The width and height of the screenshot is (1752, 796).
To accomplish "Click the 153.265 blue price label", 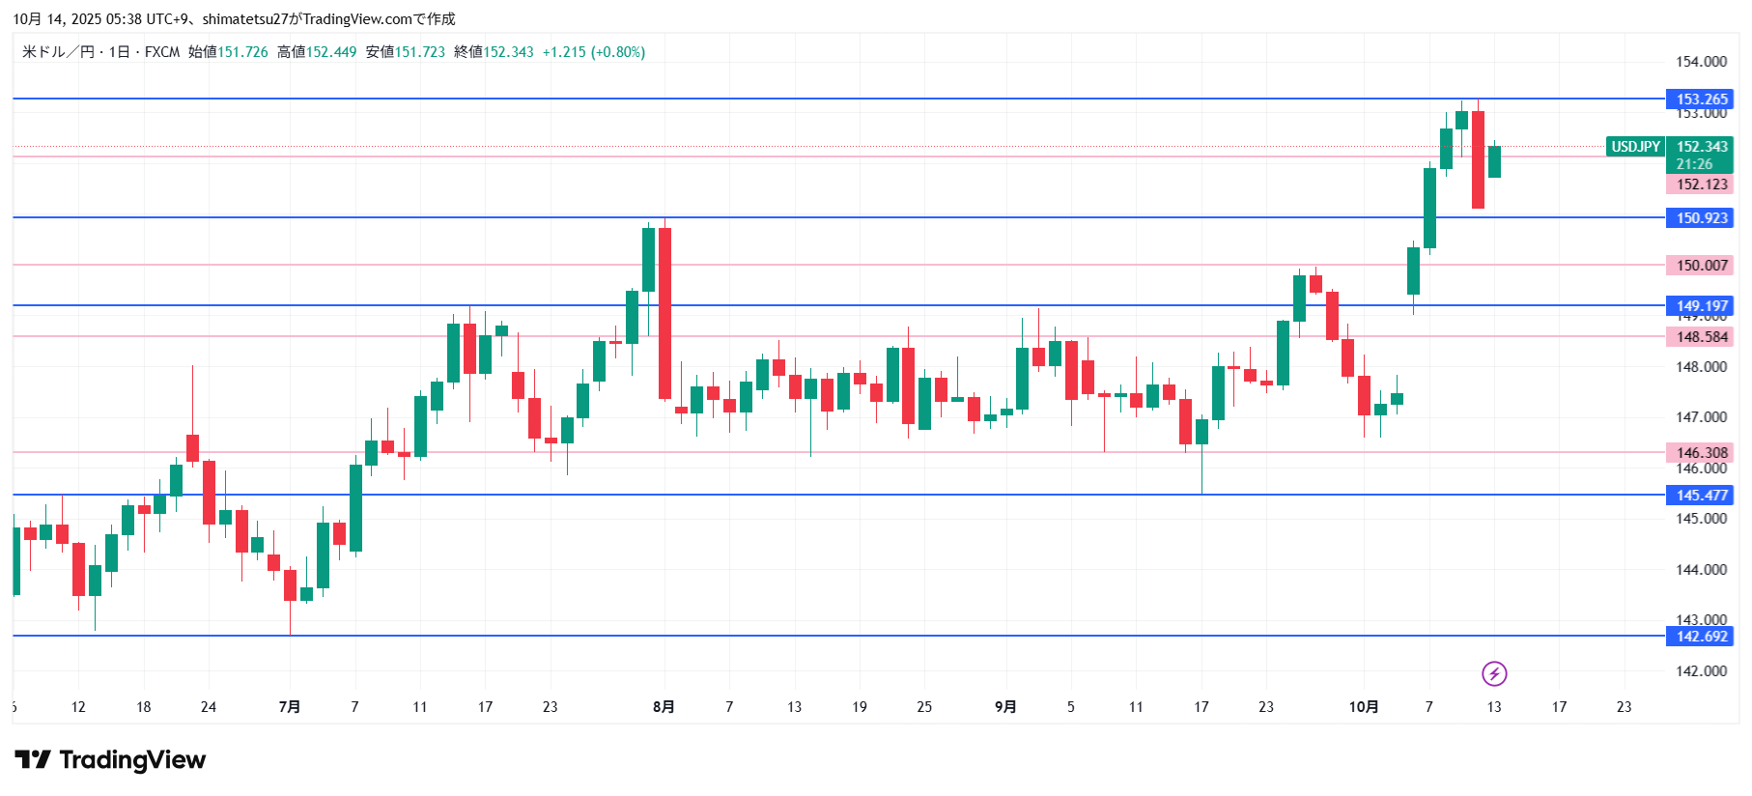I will [x=1701, y=99].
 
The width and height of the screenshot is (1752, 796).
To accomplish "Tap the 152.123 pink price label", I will [x=1701, y=185].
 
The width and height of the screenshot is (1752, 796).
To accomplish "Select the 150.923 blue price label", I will [x=1701, y=218].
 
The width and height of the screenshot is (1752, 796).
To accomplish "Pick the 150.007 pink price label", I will [x=1701, y=266].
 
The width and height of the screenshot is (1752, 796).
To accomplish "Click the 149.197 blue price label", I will [x=1701, y=306].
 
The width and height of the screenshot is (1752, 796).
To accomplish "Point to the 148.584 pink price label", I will [x=1701, y=337].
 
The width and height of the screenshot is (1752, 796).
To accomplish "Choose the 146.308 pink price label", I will [x=1701, y=453].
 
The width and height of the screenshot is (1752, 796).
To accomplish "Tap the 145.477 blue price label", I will [x=1701, y=496].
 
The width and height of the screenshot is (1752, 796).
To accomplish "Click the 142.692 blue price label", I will [x=1701, y=637].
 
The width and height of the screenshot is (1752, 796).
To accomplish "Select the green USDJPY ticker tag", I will [x=1635, y=147].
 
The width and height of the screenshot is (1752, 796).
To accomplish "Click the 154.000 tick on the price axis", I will [x=1701, y=62].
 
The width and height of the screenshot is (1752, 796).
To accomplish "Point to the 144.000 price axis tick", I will [x=1701, y=570].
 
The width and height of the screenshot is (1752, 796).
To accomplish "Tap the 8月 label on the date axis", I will [x=664, y=707].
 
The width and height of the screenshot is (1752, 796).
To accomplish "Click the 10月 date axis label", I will [x=1363, y=707].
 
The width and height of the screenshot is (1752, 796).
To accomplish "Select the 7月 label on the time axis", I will [x=289, y=707].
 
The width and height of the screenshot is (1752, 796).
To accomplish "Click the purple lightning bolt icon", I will [x=1494, y=673].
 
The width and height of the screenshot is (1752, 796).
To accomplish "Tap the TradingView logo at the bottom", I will [x=110, y=760].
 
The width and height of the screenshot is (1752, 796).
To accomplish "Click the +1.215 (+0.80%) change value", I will [x=593, y=52].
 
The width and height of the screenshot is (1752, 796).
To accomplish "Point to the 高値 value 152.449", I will [x=331, y=52].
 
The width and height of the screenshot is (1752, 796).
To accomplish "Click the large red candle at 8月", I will [x=664, y=313].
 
